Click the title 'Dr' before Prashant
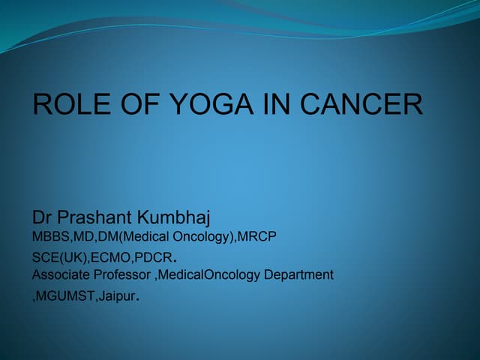tap(42, 218)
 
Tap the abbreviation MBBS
tap(49, 237)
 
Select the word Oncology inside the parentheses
tap(191, 237)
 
